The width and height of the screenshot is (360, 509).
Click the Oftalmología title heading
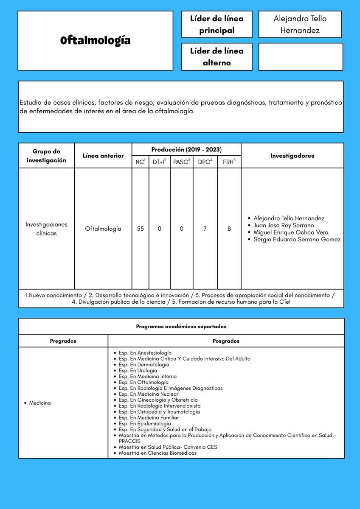tap(95, 41)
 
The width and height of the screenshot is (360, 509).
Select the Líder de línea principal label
tap(217, 25)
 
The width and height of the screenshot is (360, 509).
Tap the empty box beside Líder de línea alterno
tap(300, 57)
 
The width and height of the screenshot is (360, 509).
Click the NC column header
tap(140, 162)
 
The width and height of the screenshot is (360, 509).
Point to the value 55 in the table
tap(140, 229)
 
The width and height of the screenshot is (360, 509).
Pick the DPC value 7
tap(205, 229)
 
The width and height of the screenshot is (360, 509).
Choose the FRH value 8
tap(229, 229)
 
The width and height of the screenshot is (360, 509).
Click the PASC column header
tap(181, 162)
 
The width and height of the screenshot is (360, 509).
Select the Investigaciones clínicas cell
tap(46, 229)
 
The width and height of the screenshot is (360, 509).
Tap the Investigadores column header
tap(292, 156)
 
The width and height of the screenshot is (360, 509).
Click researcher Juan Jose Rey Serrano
tap(284, 225)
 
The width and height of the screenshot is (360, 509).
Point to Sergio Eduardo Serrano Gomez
tap(297, 240)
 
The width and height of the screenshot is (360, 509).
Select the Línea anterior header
tap(103, 156)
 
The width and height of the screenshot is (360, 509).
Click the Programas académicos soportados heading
tap(181, 327)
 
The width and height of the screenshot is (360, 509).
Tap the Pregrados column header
tap(63, 341)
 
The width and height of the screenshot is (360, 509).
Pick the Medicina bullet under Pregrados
tap(39, 403)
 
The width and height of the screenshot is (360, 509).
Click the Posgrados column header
tap(226, 341)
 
